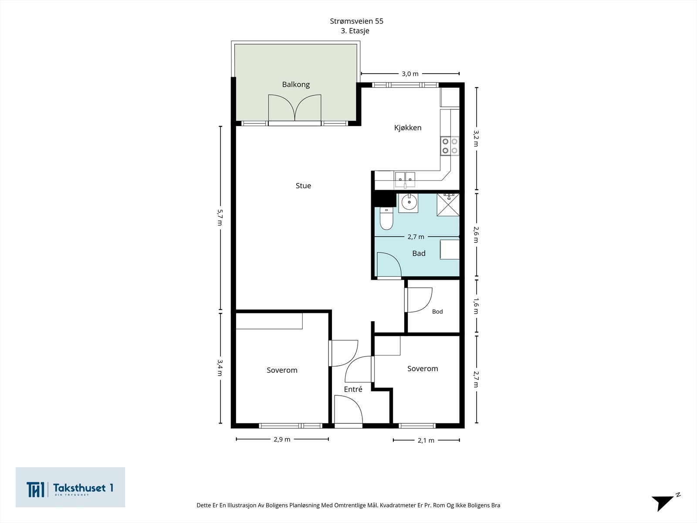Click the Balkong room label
click(x=296, y=85)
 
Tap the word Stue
click(x=303, y=186)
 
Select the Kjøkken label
click(x=408, y=128)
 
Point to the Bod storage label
click(x=437, y=312)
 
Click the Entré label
click(x=353, y=389)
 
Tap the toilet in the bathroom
click(x=386, y=218)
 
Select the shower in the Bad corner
click(x=448, y=205)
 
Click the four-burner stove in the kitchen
click(x=450, y=146)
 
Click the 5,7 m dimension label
click(x=220, y=217)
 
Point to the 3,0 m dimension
click(x=410, y=74)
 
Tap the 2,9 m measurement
click(x=282, y=439)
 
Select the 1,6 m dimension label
click(x=475, y=306)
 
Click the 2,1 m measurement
click(x=426, y=440)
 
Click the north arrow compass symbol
click(x=665, y=501)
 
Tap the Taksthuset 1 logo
click(x=70, y=487)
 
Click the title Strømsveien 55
click(x=357, y=21)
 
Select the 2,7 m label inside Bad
click(x=416, y=237)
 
